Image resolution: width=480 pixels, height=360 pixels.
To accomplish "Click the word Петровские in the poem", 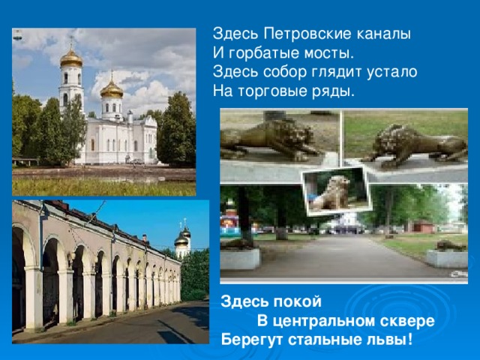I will click(x=293, y=34).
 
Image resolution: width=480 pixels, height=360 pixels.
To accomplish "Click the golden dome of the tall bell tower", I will click(x=71, y=58).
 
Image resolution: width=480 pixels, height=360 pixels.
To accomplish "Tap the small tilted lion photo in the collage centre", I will click(x=334, y=191).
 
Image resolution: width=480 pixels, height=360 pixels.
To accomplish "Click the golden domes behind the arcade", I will click(x=181, y=238).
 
